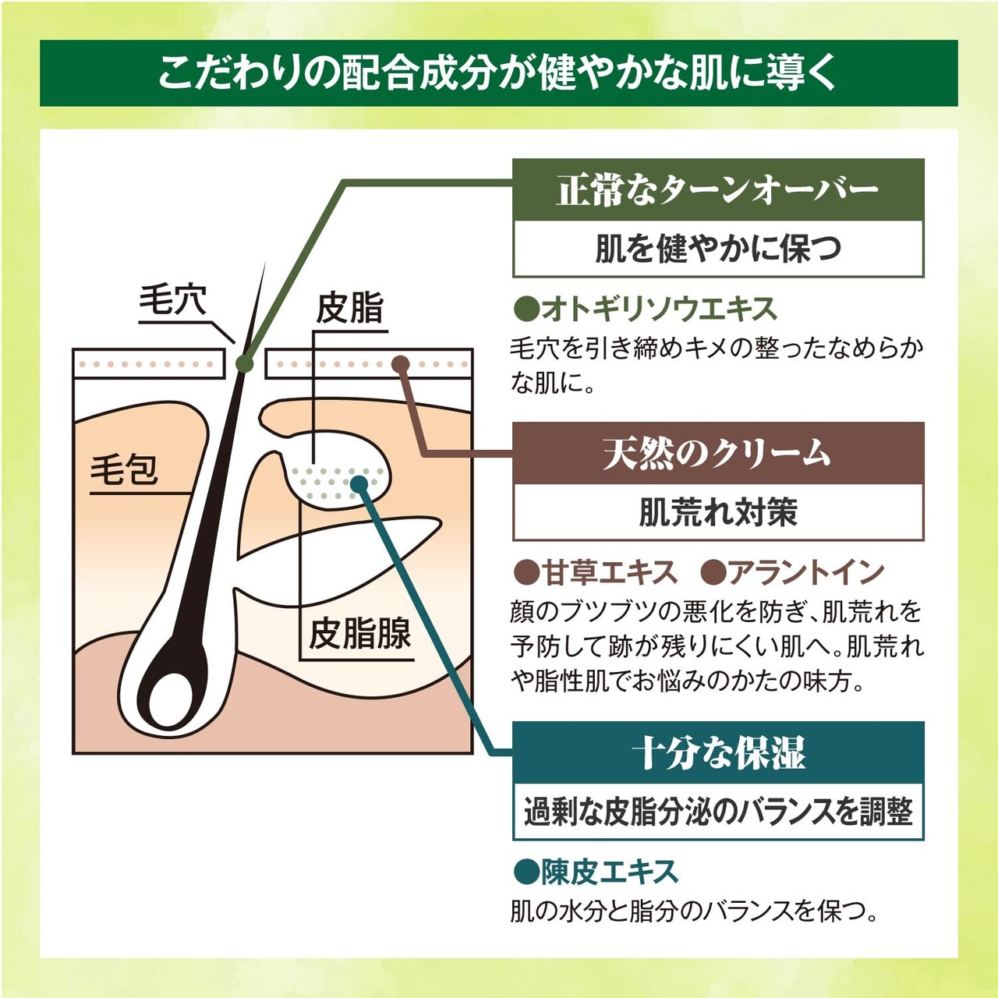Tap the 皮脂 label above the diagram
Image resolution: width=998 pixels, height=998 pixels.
tap(350, 309)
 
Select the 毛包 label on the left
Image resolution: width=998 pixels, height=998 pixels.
tap(125, 469)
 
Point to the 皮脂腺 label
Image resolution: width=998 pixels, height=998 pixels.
tap(359, 633)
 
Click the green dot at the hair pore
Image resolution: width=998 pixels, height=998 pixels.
tap(244, 363)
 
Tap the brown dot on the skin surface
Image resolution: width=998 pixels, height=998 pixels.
tap(401, 364)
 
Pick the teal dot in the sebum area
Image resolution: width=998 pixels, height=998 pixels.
tap(359, 484)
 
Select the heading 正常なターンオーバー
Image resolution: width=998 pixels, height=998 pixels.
tap(717, 190)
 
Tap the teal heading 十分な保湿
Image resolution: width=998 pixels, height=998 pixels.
tap(717, 753)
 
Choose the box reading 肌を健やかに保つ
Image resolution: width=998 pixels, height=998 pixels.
tap(717, 249)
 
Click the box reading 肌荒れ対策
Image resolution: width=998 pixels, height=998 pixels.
tap(717, 512)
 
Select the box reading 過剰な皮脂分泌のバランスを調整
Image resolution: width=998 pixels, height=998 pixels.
tap(717, 812)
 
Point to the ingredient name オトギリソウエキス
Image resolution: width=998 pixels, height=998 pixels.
tap(659, 310)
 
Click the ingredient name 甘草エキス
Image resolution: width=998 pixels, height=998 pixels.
tap(609, 573)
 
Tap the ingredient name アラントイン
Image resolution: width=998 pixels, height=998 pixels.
tap(805, 573)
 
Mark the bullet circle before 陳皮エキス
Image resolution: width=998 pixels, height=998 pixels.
tap(526, 872)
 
